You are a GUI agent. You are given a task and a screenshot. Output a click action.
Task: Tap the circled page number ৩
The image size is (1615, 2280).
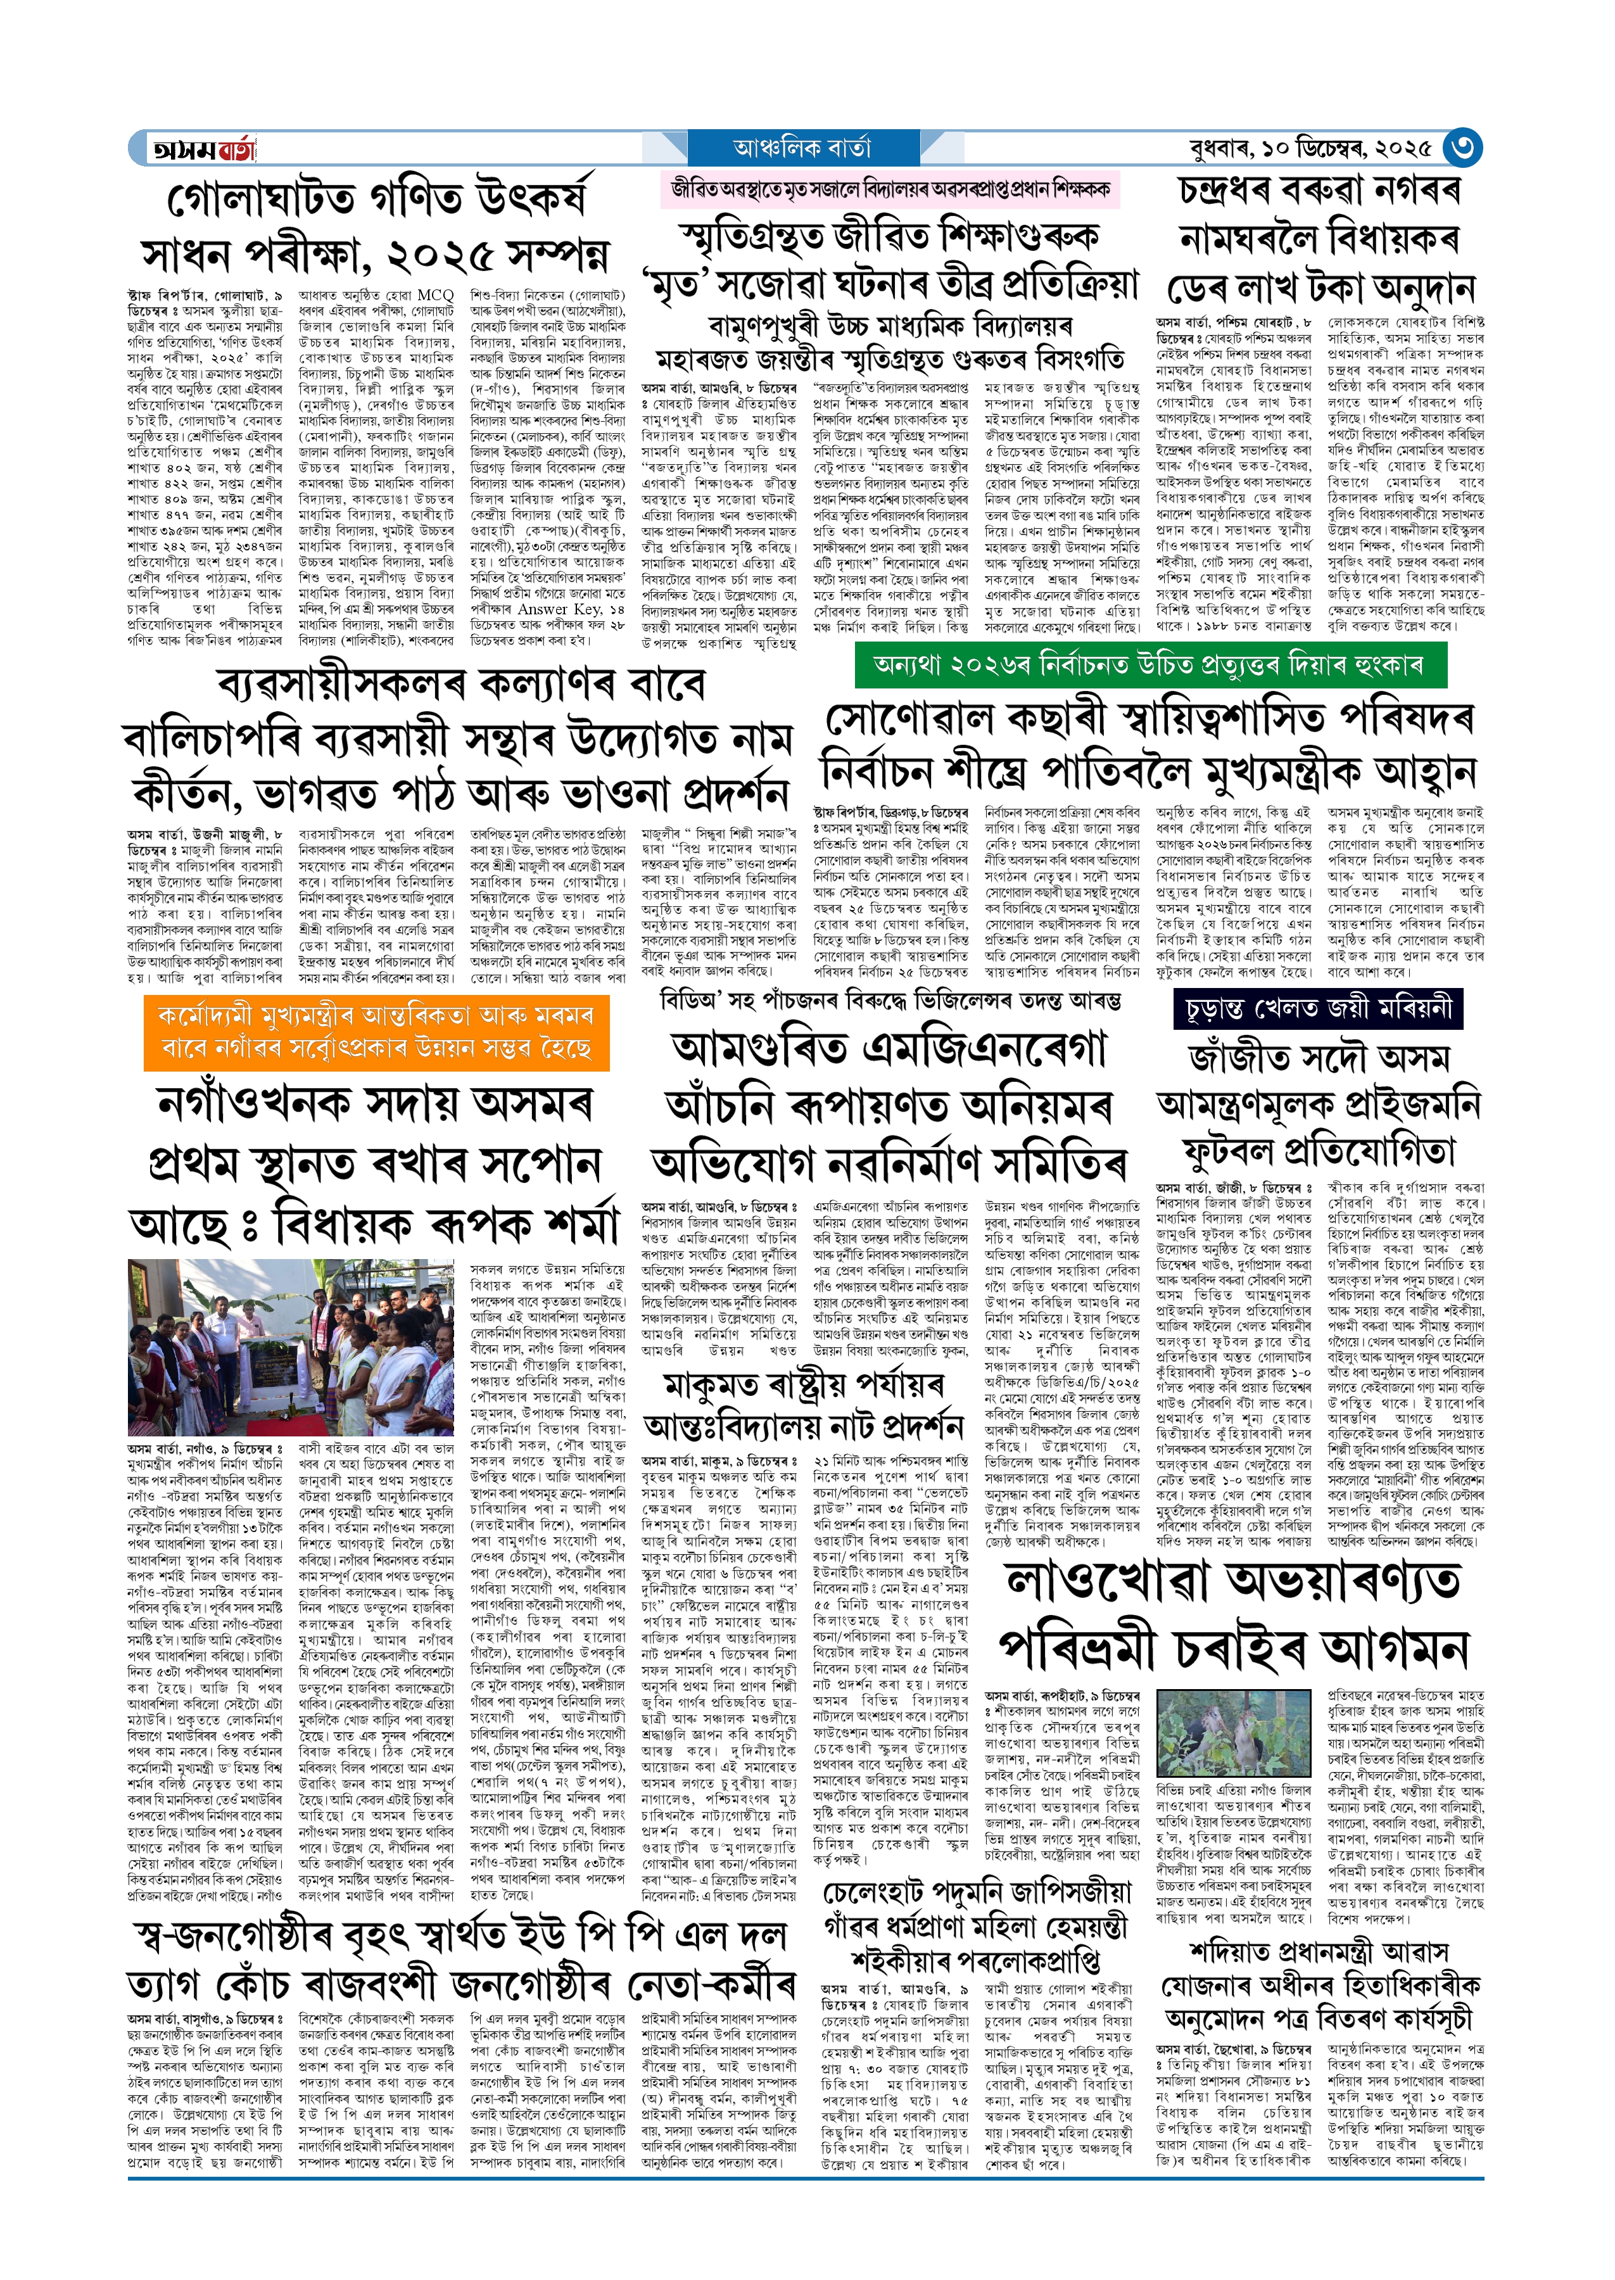point(1461,148)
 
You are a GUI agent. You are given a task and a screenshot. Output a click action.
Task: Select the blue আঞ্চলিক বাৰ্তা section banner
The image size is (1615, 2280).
point(802,149)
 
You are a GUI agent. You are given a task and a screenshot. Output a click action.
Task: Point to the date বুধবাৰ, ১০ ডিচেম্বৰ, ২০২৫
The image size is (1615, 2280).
point(1310,149)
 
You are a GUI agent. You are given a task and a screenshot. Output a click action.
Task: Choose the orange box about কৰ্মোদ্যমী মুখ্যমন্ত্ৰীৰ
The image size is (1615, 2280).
point(376,1032)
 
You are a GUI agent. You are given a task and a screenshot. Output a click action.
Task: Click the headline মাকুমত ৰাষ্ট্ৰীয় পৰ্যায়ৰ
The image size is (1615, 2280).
point(804,1385)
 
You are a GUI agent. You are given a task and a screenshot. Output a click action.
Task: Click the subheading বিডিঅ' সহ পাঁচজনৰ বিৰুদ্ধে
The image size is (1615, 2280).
point(890,999)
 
